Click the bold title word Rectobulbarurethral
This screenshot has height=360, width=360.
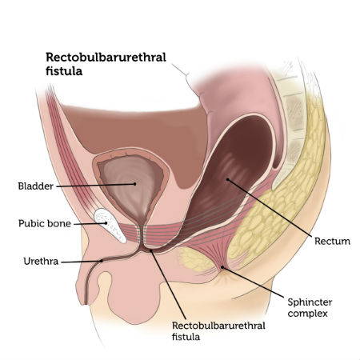[x=106, y=58]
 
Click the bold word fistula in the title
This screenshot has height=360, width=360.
[x=64, y=71]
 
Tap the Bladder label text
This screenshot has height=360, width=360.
[x=36, y=186]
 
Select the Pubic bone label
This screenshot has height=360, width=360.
[x=45, y=223]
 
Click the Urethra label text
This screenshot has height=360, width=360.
[x=41, y=262]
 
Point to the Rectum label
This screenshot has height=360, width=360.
[x=332, y=242]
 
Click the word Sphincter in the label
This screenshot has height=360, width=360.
[x=310, y=302]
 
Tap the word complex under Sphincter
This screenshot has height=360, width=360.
[x=307, y=314]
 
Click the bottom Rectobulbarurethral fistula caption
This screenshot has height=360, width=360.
[x=218, y=331]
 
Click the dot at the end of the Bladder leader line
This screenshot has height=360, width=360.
[x=134, y=184]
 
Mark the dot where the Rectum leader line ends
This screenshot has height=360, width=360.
[x=227, y=179]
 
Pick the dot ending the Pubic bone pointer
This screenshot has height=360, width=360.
[x=106, y=223]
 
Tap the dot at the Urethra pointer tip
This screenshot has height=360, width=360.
[x=102, y=261]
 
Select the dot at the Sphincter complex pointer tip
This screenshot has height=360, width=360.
[x=222, y=267]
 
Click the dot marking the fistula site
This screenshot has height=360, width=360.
[x=151, y=250]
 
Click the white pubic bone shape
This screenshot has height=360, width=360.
[x=110, y=226]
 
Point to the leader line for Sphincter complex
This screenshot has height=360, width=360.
[x=253, y=282]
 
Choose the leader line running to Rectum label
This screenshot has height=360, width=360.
[x=270, y=208]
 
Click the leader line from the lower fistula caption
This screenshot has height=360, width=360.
[x=168, y=285]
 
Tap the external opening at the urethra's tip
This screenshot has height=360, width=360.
[x=86, y=302]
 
